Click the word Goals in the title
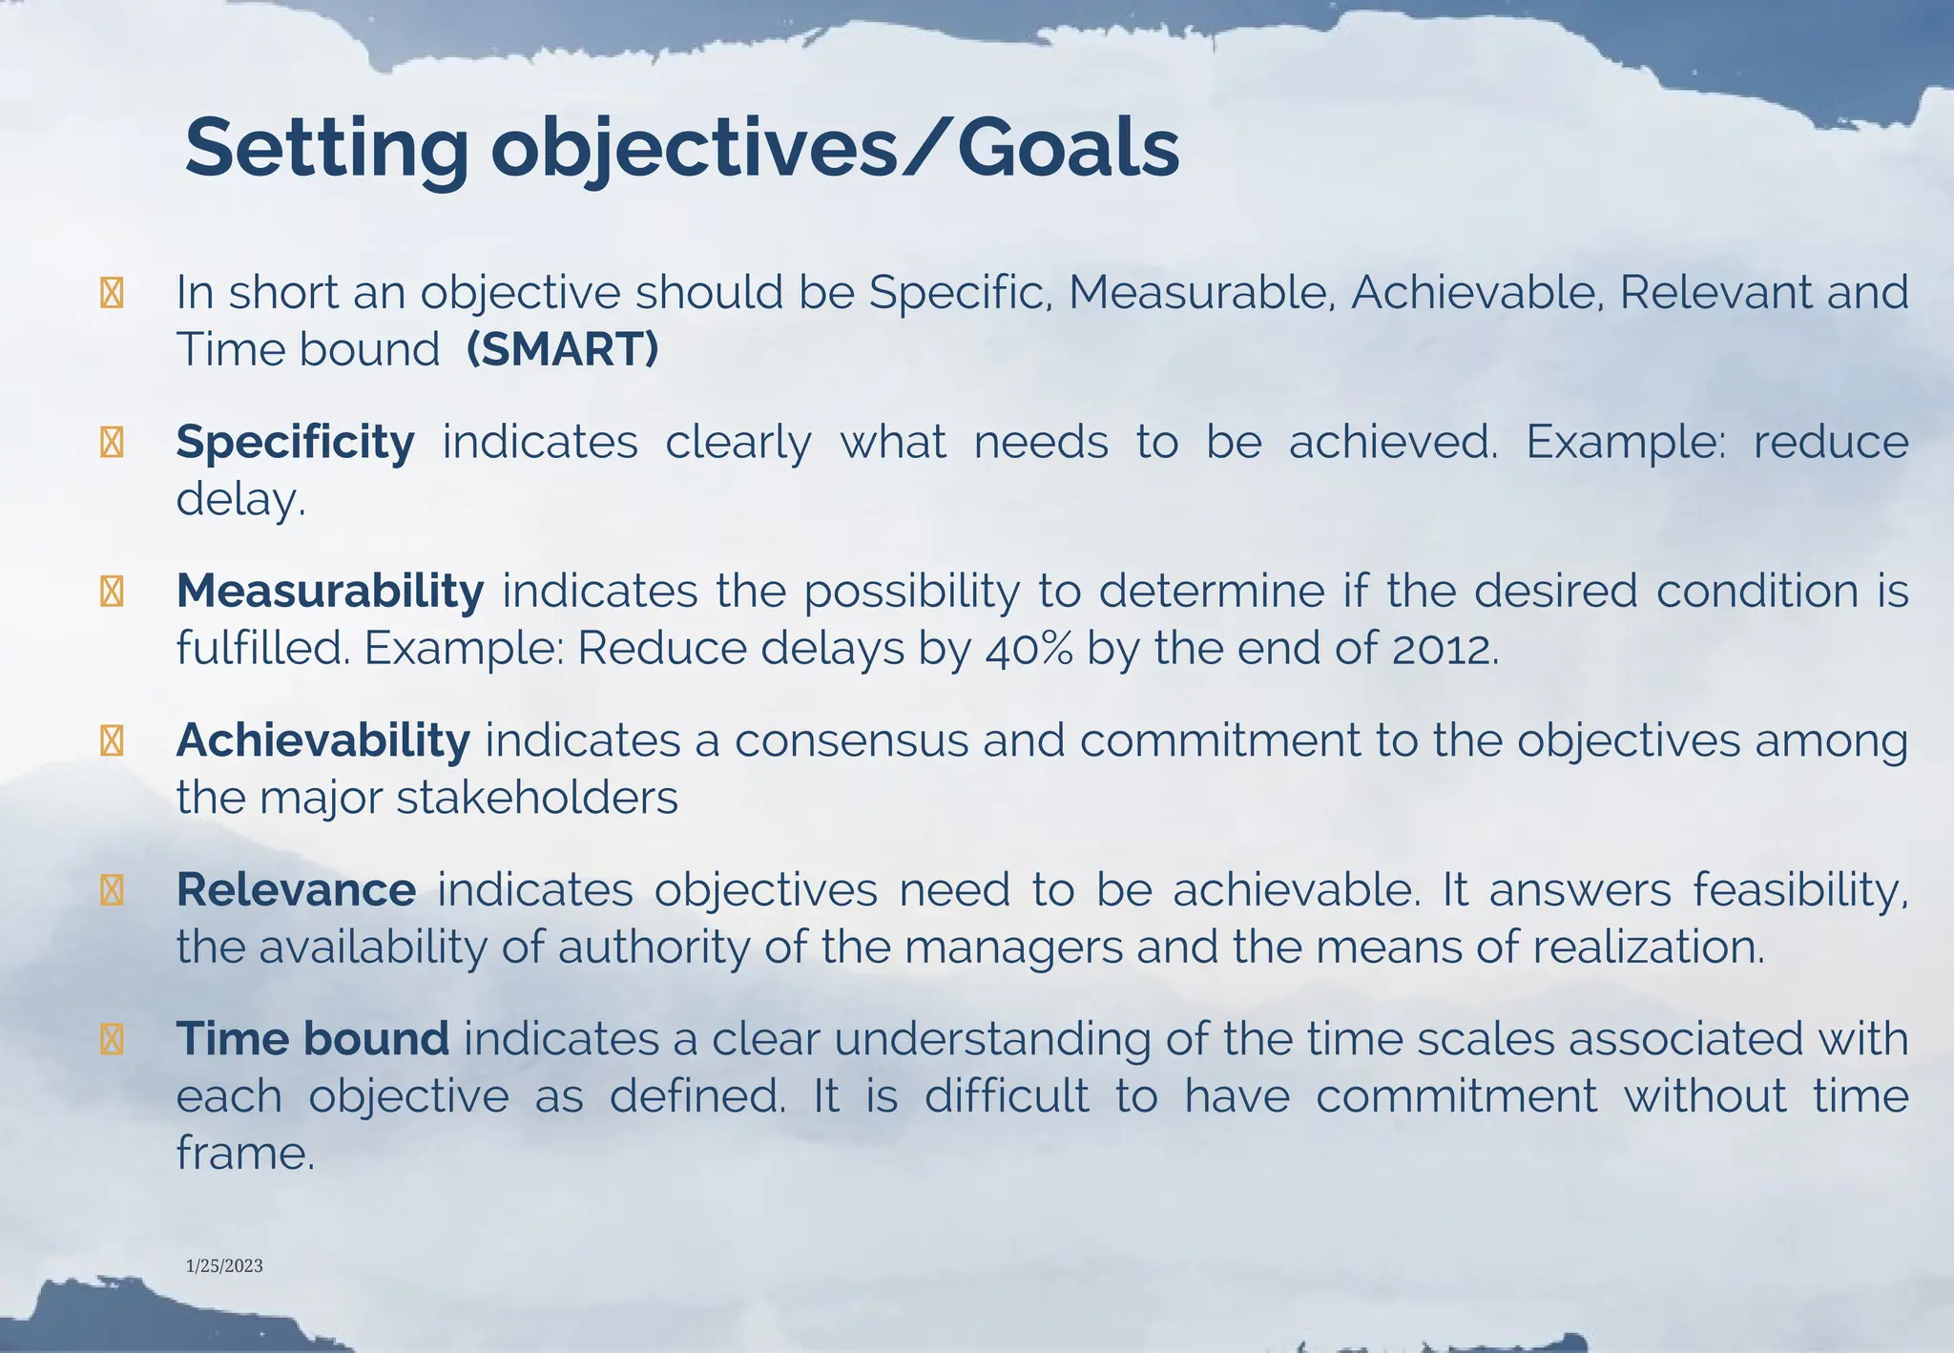(x=1068, y=149)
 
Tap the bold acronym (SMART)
(x=562, y=349)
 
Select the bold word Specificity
(x=295, y=442)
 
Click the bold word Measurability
(x=330, y=591)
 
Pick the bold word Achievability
(x=322, y=740)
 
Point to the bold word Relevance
(x=296, y=889)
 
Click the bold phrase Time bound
(x=312, y=1038)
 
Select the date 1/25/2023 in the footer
(x=224, y=1266)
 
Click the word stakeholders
(x=536, y=798)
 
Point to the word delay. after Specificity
(x=240, y=499)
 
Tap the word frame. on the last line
(x=245, y=1154)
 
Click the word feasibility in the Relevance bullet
(x=1799, y=889)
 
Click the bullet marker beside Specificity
(x=112, y=443)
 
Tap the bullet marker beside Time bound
(x=112, y=1039)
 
